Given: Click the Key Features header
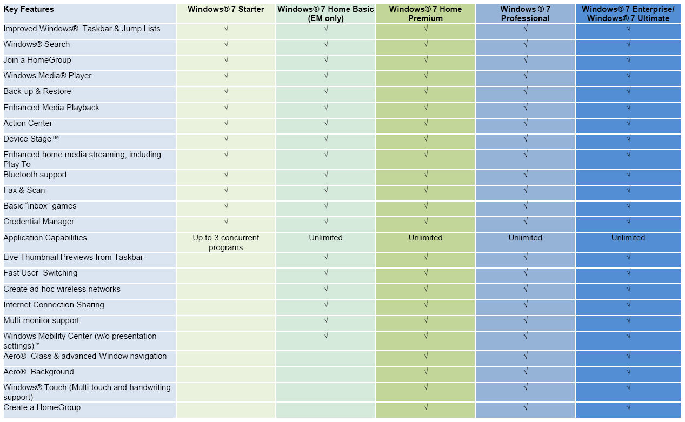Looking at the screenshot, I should pyautogui.click(x=29, y=9).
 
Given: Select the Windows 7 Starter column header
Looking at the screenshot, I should pyautogui.click(x=226, y=9).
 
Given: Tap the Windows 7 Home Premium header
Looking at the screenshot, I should pyautogui.click(x=425, y=14).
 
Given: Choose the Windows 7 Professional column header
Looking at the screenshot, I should pyautogui.click(x=525, y=14).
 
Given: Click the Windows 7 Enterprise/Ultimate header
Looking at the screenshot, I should pyautogui.click(x=628, y=14).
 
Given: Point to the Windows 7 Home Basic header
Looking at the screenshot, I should pyautogui.click(x=325, y=14).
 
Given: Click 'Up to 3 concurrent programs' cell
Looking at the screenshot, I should pyautogui.click(x=226, y=243).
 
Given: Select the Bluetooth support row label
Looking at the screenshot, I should pyautogui.click(x=35, y=175).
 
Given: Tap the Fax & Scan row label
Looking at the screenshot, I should pyautogui.click(x=24, y=190).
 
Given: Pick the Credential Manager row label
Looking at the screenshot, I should pyautogui.click(x=39, y=222).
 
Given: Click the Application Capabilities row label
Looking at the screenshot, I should pyautogui.click(x=45, y=238).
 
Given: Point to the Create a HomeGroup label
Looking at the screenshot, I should pyautogui.click(x=42, y=407).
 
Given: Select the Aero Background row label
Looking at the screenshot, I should pyautogui.click(x=38, y=372).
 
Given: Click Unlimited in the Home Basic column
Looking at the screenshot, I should pyautogui.click(x=325, y=238).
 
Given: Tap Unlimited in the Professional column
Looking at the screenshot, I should pyautogui.click(x=525, y=238).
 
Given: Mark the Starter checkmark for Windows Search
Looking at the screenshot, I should pyautogui.click(x=226, y=44).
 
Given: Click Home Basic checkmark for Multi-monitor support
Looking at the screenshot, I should pyautogui.click(x=326, y=320).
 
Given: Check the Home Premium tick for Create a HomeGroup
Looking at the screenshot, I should pyautogui.click(x=426, y=407).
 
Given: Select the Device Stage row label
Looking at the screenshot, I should pyautogui.click(x=31, y=139).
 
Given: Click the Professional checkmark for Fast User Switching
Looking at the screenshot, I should pyautogui.click(x=526, y=273).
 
